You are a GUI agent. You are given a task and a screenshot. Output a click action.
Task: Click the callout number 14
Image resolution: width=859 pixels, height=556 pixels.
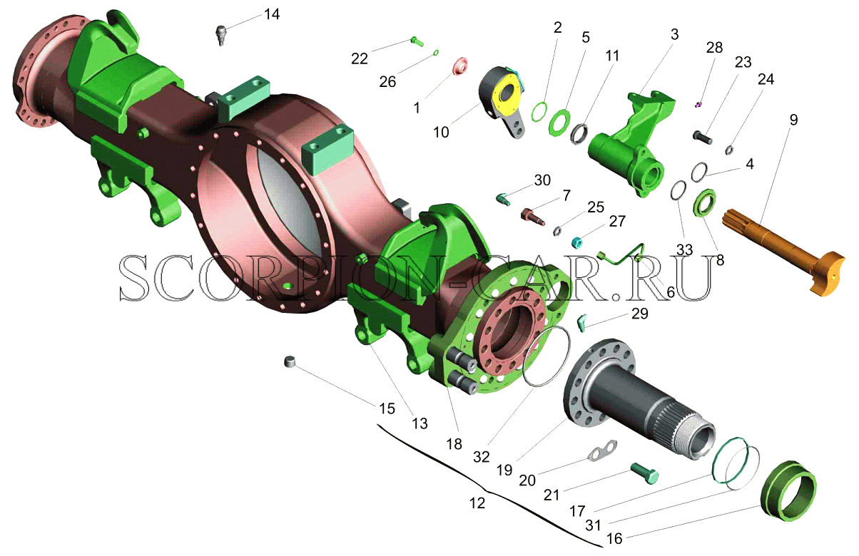[272, 15]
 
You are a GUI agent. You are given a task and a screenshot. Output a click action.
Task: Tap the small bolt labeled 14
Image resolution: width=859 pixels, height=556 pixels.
[221, 35]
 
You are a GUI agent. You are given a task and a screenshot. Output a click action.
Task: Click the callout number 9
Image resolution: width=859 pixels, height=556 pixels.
[793, 120]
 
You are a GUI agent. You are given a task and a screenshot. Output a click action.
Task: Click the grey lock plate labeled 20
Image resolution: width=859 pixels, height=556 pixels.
[603, 451]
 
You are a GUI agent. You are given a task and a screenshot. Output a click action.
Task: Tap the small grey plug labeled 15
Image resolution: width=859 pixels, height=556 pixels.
[291, 361]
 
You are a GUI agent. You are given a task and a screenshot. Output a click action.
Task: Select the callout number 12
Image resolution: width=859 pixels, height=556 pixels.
[477, 503]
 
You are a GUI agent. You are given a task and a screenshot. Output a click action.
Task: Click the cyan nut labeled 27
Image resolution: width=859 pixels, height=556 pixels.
[577, 242]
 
